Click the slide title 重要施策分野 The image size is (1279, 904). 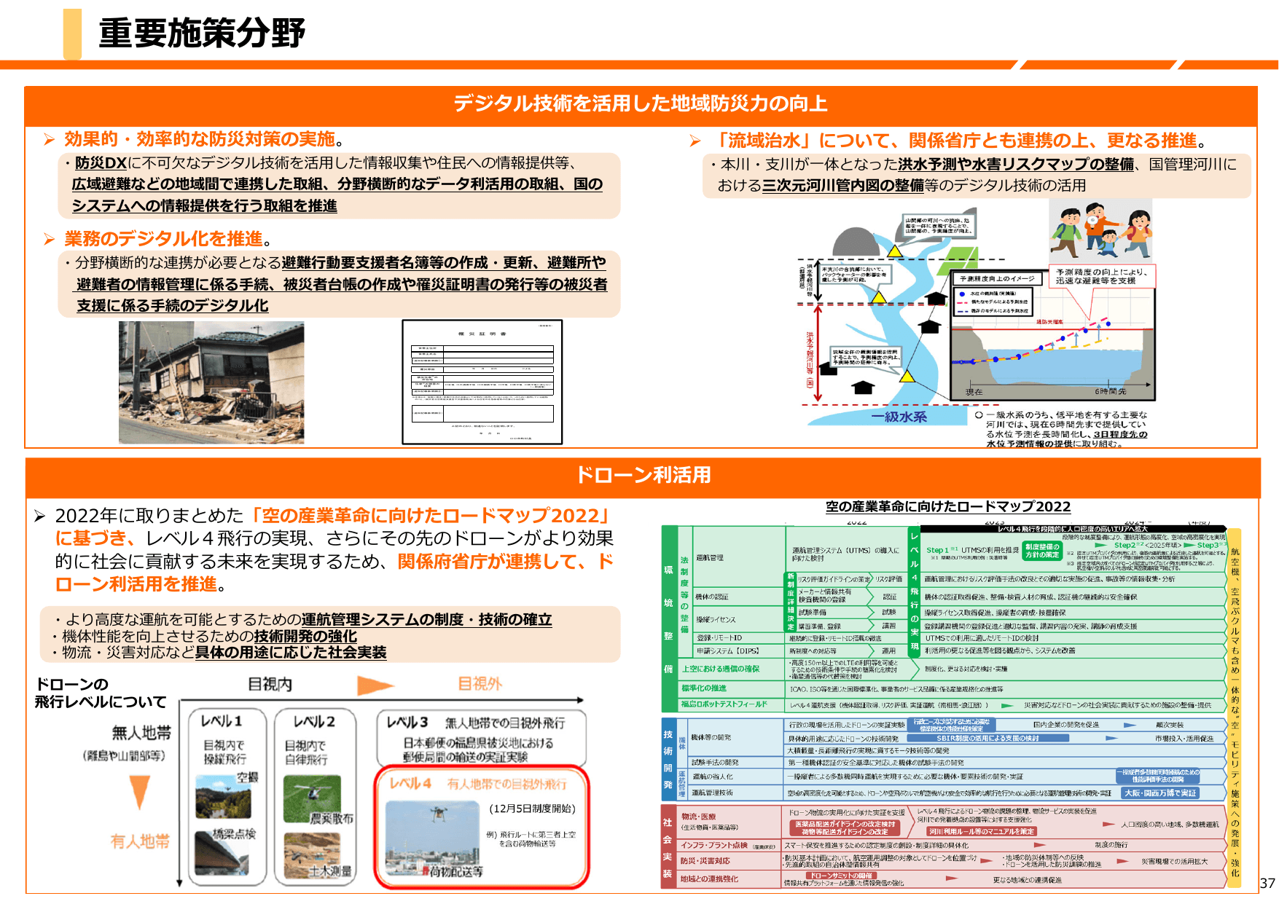pos(202,34)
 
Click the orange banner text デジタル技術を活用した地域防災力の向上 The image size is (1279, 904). pos(640,103)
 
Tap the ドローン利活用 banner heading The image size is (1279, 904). pos(643,475)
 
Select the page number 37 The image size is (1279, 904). pos(1267,883)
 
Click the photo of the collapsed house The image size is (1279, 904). pos(211,382)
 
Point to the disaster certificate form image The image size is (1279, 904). pos(482,382)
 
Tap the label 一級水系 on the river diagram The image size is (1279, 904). pos(899,417)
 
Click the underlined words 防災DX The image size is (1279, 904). pos(101,163)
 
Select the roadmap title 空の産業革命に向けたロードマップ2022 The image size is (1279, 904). pos(947,507)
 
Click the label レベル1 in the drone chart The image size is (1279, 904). pos(222,721)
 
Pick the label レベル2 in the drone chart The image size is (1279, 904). pos(314,721)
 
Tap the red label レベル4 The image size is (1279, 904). pos(410,784)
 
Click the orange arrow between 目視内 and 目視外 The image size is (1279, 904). pos(375,685)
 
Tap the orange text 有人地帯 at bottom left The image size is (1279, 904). pos(140,841)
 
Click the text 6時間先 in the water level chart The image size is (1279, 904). pos(1110,392)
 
